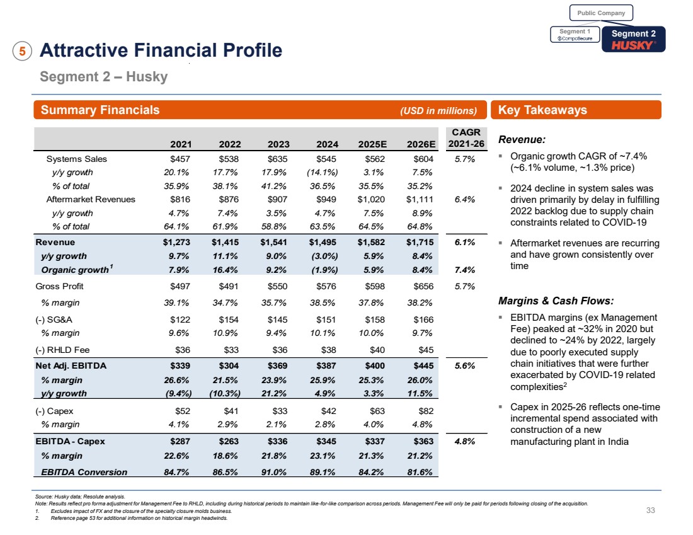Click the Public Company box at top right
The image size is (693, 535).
[601, 13]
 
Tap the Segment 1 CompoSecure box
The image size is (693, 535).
[574, 35]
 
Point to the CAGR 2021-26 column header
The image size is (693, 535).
[466, 137]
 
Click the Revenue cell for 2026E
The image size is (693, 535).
[418, 242]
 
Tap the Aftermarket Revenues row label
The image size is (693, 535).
[91, 199]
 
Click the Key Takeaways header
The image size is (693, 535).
[542, 110]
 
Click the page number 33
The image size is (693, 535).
[651, 511]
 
